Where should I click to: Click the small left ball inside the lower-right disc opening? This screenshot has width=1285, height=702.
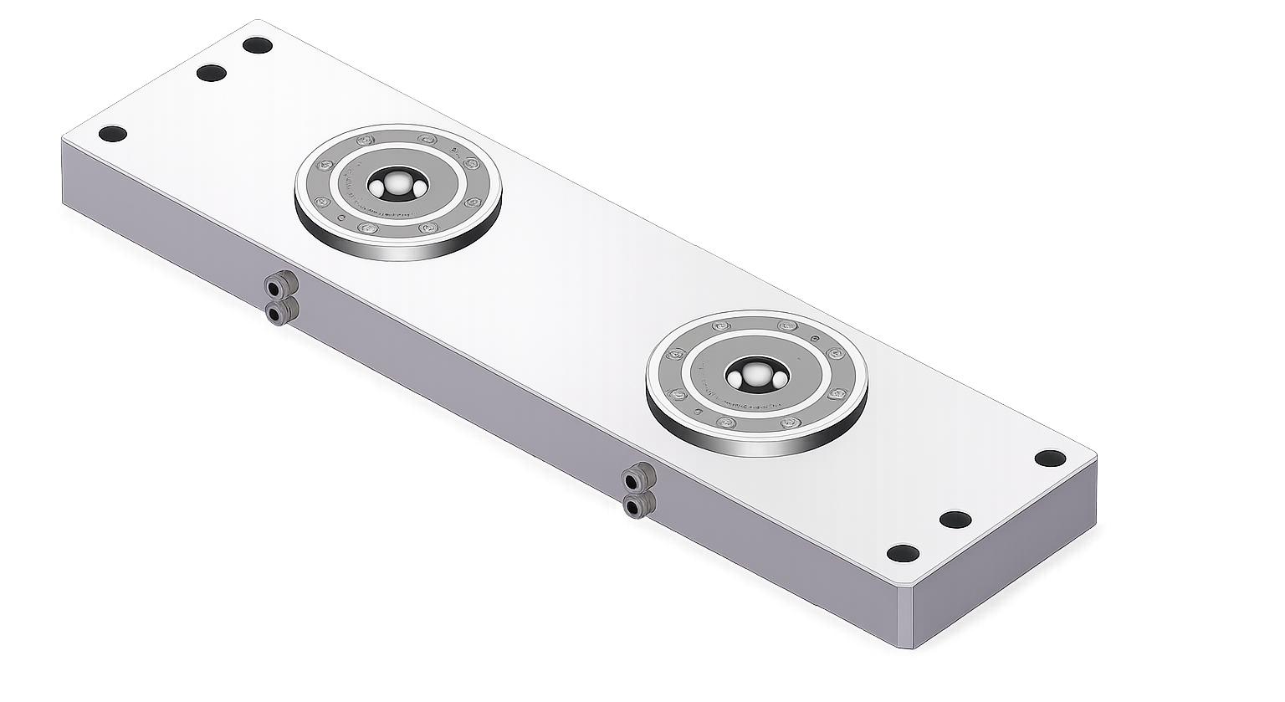[736, 380]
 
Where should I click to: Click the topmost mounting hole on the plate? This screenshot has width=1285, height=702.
[257, 45]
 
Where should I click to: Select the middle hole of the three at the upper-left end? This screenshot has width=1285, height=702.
[212, 73]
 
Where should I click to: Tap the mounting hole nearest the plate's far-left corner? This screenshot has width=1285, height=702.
[111, 134]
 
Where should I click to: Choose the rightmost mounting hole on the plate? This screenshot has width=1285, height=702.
[1050, 458]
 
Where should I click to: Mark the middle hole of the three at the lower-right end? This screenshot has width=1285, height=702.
[955, 520]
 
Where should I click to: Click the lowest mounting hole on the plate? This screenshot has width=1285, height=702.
[903, 553]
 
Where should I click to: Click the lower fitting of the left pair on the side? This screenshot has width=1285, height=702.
[276, 313]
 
